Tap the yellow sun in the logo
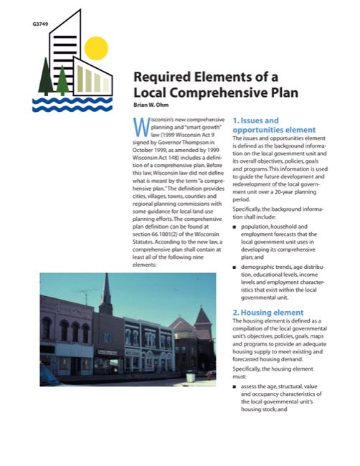(x=95, y=48)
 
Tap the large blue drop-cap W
(x=142, y=129)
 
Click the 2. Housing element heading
(x=271, y=313)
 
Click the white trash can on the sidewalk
(x=189, y=376)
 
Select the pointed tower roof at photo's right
(x=203, y=316)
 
